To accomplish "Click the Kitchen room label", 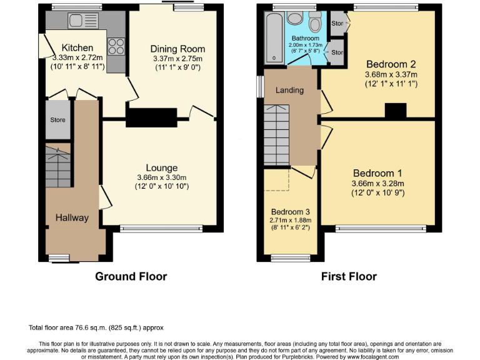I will [x=77, y=47].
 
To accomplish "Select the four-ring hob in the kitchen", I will [x=116, y=46].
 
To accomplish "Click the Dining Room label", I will [x=177, y=49].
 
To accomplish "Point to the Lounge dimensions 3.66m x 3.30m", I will [x=162, y=177].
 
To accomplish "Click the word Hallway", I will [x=72, y=217].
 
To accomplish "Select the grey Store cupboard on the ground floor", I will [x=57, y=119].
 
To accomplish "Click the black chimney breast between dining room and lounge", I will [x=152, y=116].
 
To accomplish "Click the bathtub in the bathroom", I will [x=274, y=37].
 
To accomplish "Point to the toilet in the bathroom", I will [x=315, y=24].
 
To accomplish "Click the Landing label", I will [x=290, y=90].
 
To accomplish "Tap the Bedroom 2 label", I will [x=391, y=64].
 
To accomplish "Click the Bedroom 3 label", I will [x=289, y=212].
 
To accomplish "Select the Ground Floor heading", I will [x=131, y=276].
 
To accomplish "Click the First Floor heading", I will [x=349, y=276].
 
